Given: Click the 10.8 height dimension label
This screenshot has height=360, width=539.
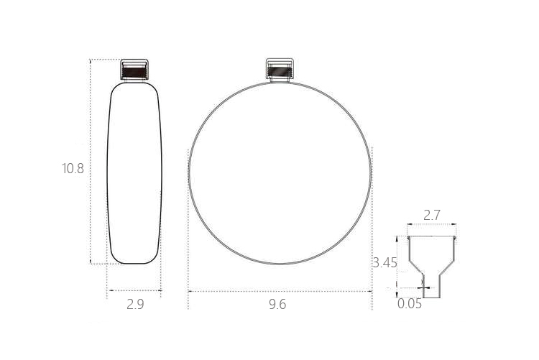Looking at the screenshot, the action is click(x=73, y=168).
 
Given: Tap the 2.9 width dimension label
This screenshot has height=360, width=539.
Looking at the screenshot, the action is click(x=135, y=304).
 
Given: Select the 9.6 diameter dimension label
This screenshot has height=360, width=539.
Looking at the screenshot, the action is click(x=277, y=304).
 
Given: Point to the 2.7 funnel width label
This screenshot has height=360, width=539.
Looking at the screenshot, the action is click(x=431, y=216).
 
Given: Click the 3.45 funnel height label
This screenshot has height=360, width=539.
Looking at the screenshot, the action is click(x=384, y=263).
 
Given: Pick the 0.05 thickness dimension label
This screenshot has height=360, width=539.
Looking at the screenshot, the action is click(x=410, y=304).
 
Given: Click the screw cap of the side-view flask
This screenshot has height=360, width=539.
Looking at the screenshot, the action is click(x=134, y=70).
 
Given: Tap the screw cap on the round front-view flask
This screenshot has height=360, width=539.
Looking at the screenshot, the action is click(x=280, y=69).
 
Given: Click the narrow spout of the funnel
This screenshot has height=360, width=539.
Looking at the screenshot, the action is click(x=431, y=286).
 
